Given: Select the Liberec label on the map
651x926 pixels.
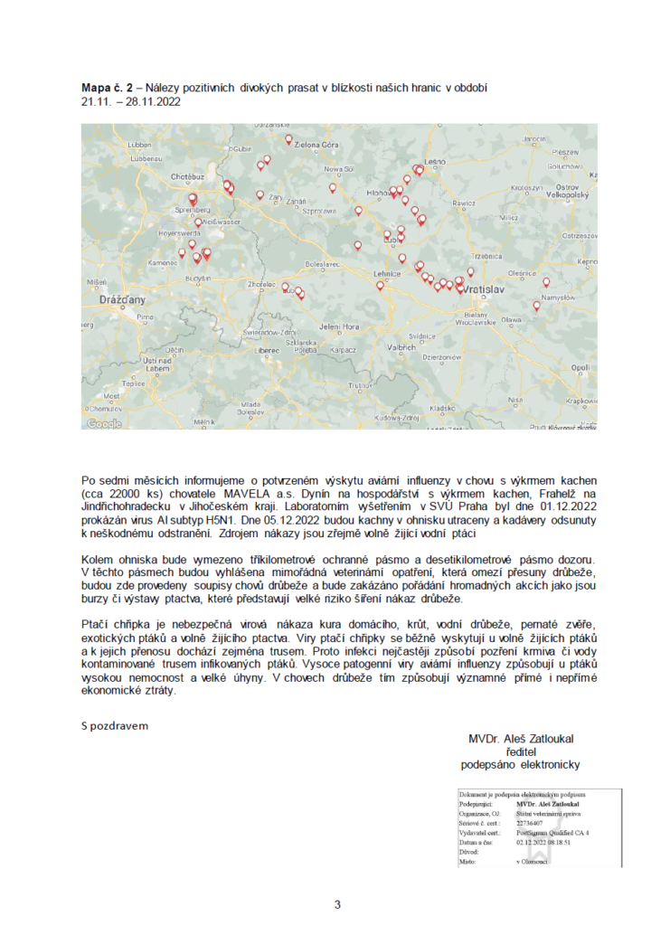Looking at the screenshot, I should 267,348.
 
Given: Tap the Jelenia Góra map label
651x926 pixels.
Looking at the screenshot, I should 340,326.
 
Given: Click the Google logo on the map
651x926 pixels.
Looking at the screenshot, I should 103,422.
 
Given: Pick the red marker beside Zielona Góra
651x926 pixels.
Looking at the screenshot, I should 288,140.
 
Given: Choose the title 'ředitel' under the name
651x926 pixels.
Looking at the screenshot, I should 520,751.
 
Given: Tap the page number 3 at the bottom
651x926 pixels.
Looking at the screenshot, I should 337,903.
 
